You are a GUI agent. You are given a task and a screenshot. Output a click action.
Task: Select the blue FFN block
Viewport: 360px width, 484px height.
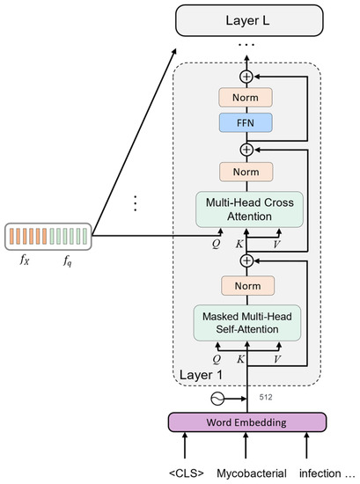click(x=247, y=121)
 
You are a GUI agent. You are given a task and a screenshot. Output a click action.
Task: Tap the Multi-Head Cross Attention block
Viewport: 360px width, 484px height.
click(x=247, y=209)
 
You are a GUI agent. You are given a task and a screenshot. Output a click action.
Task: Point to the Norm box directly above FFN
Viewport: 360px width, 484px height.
click(x=247, y=97)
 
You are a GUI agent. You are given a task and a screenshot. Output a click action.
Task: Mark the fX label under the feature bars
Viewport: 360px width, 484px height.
click(x=25, y=260)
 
